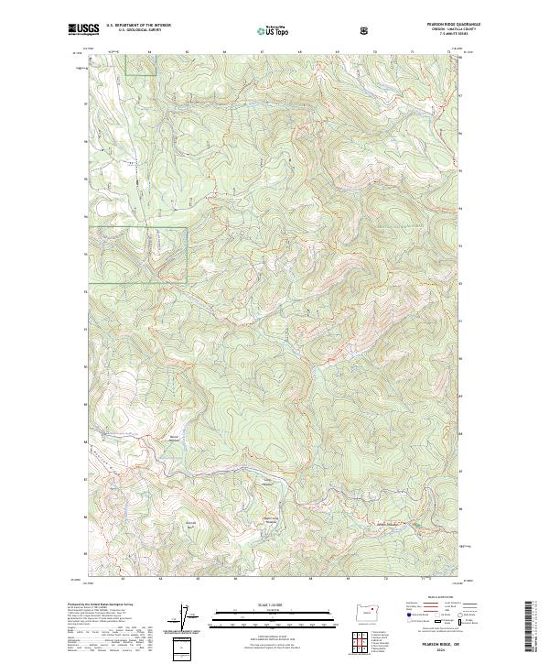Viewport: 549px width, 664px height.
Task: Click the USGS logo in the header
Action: [83, 30]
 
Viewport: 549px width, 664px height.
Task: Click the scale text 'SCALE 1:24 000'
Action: [273, 605]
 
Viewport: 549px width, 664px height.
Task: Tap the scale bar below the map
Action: [273, 617]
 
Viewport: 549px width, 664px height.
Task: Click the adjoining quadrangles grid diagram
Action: [369, 638]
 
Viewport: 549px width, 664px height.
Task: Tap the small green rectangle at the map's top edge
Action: [140, 64]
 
